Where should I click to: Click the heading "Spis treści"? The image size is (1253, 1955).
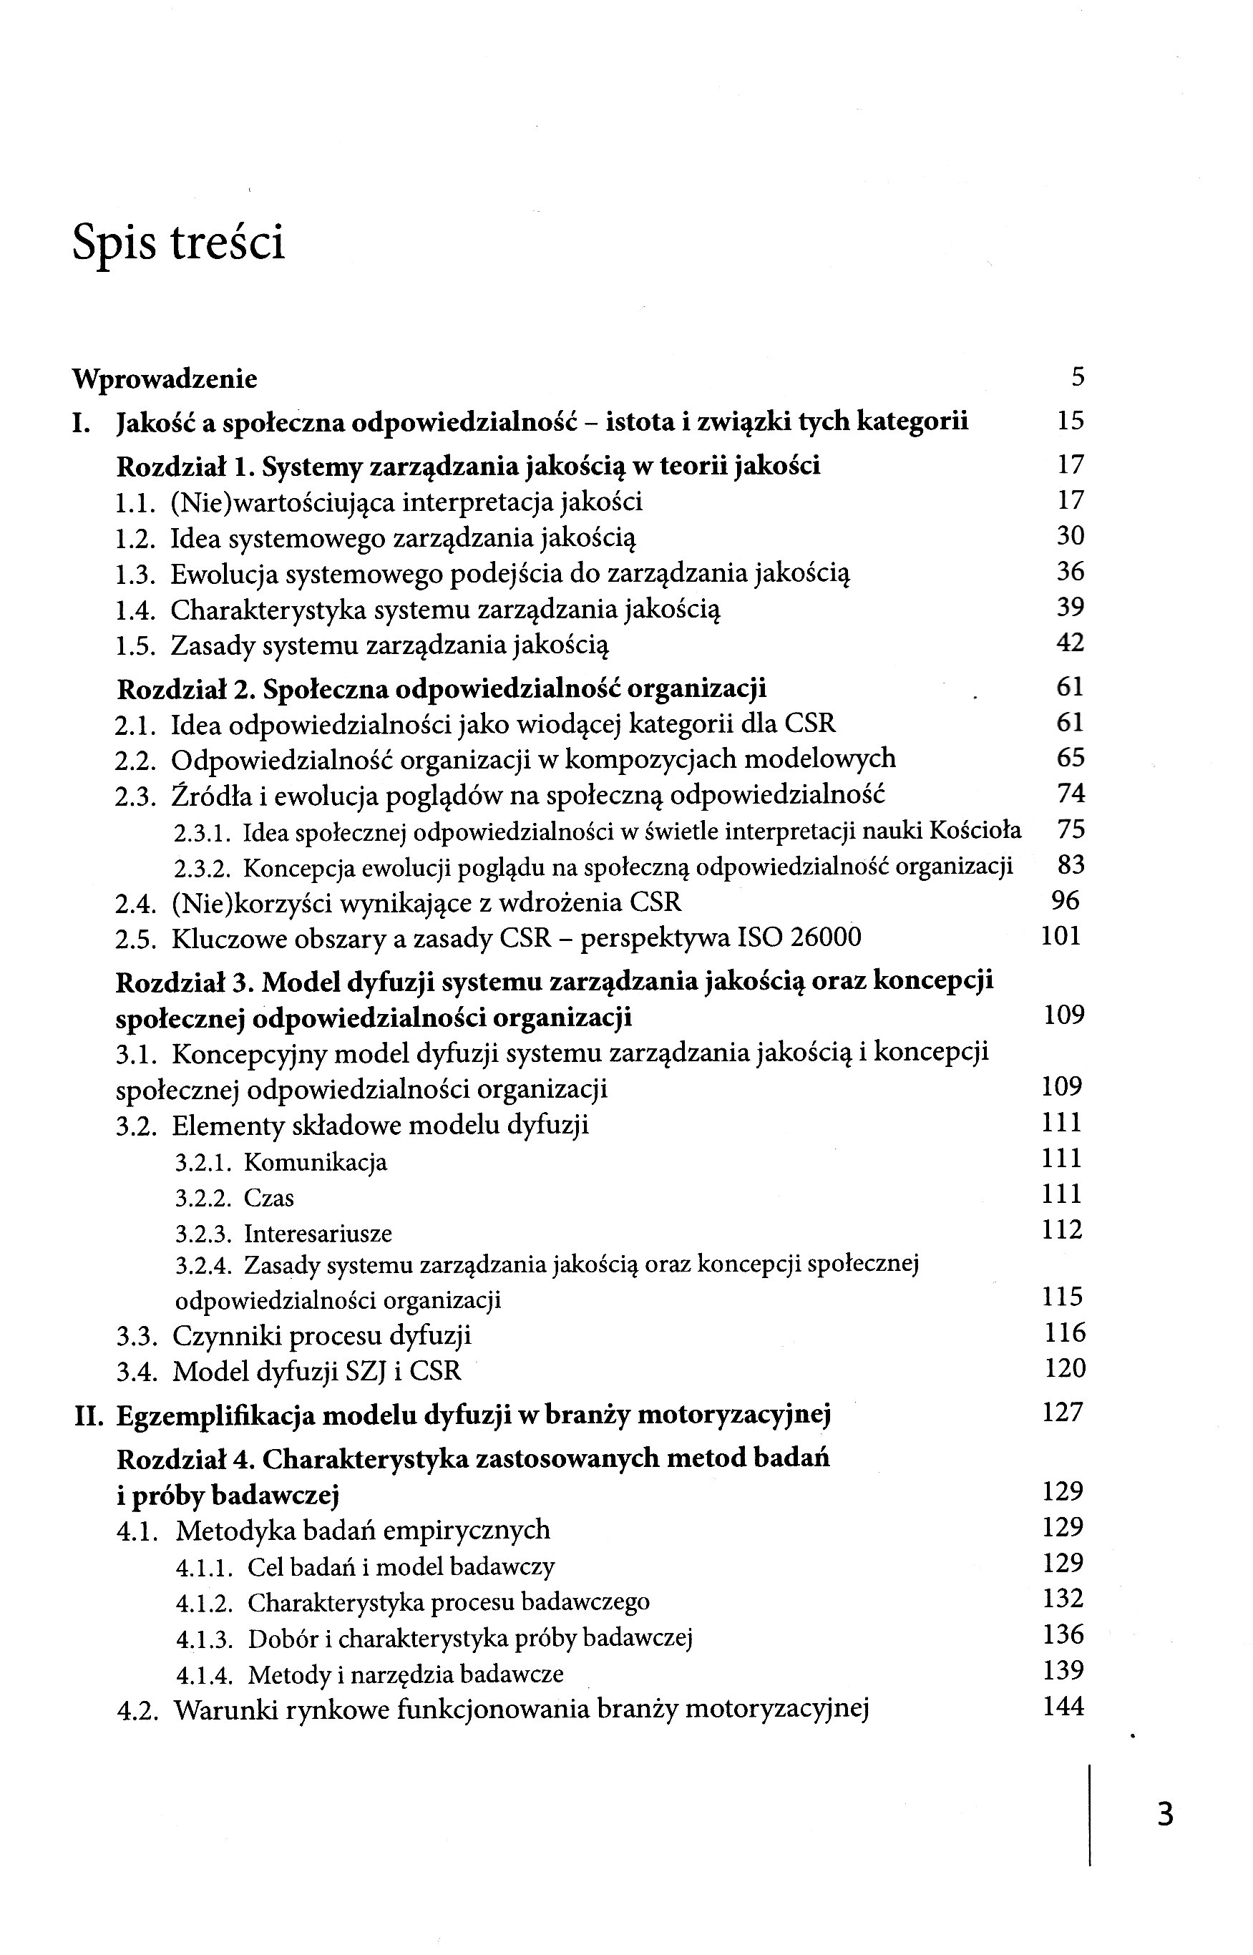[179, 243]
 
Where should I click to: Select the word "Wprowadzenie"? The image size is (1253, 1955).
[165, 379]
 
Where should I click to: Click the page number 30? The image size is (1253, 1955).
[1071, 536]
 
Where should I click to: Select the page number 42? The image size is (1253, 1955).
[1071, 643]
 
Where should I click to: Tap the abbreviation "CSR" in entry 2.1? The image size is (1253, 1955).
[810, 724]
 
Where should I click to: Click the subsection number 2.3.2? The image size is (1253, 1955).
[203, 869]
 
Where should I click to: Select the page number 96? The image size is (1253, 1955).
[1065, 901]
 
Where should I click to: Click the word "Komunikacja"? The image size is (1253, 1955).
[316, 1163]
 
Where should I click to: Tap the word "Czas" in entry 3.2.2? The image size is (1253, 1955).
[268, 1199]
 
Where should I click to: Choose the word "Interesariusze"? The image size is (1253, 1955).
[317, 1234]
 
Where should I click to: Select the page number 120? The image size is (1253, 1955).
[1065, 1368]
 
